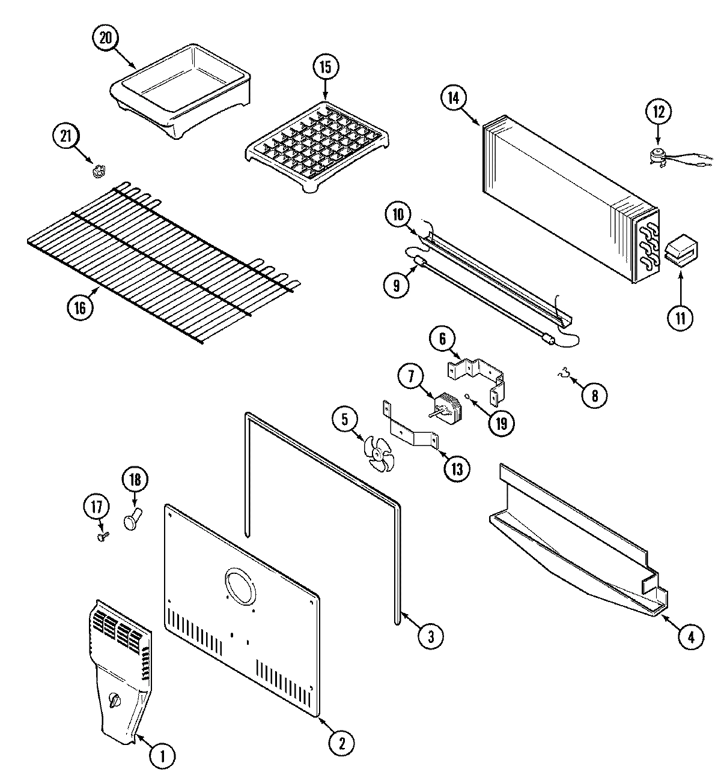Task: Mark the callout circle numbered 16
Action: point(81,307)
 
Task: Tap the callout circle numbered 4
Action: point(692,638)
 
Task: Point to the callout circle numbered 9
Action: point(397,285)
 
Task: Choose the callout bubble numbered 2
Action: point(341,743)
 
